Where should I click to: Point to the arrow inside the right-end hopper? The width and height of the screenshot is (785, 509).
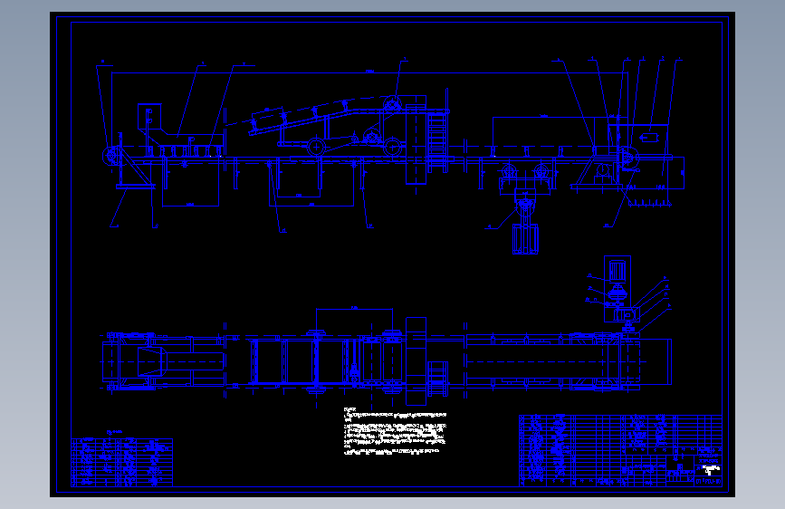coord(648,136)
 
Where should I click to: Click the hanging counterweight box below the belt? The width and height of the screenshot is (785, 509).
coord(525,237)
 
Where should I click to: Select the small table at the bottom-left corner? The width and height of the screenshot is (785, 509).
coord(122,462)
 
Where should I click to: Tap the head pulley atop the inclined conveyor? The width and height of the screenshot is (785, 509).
coord(392,106)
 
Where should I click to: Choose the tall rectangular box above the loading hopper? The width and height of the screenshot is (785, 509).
coord(146,116)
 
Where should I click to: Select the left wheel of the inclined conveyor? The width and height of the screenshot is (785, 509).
coord(314,148)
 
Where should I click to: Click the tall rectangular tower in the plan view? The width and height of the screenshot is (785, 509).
coord(416,362)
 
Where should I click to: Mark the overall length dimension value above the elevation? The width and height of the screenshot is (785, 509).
coord(370,70)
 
